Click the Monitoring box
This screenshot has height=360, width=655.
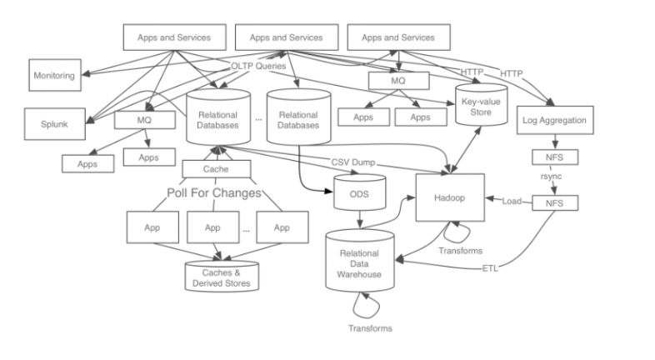click(54, 76)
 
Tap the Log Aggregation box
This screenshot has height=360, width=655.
click(554, 121)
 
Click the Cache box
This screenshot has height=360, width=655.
click(217, 169)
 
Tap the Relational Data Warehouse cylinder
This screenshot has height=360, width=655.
click(360, 264)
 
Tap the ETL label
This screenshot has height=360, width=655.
click(491, 268)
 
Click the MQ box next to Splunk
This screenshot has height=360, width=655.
click(143, 121)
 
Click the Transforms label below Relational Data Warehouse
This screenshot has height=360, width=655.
click(369, 327)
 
